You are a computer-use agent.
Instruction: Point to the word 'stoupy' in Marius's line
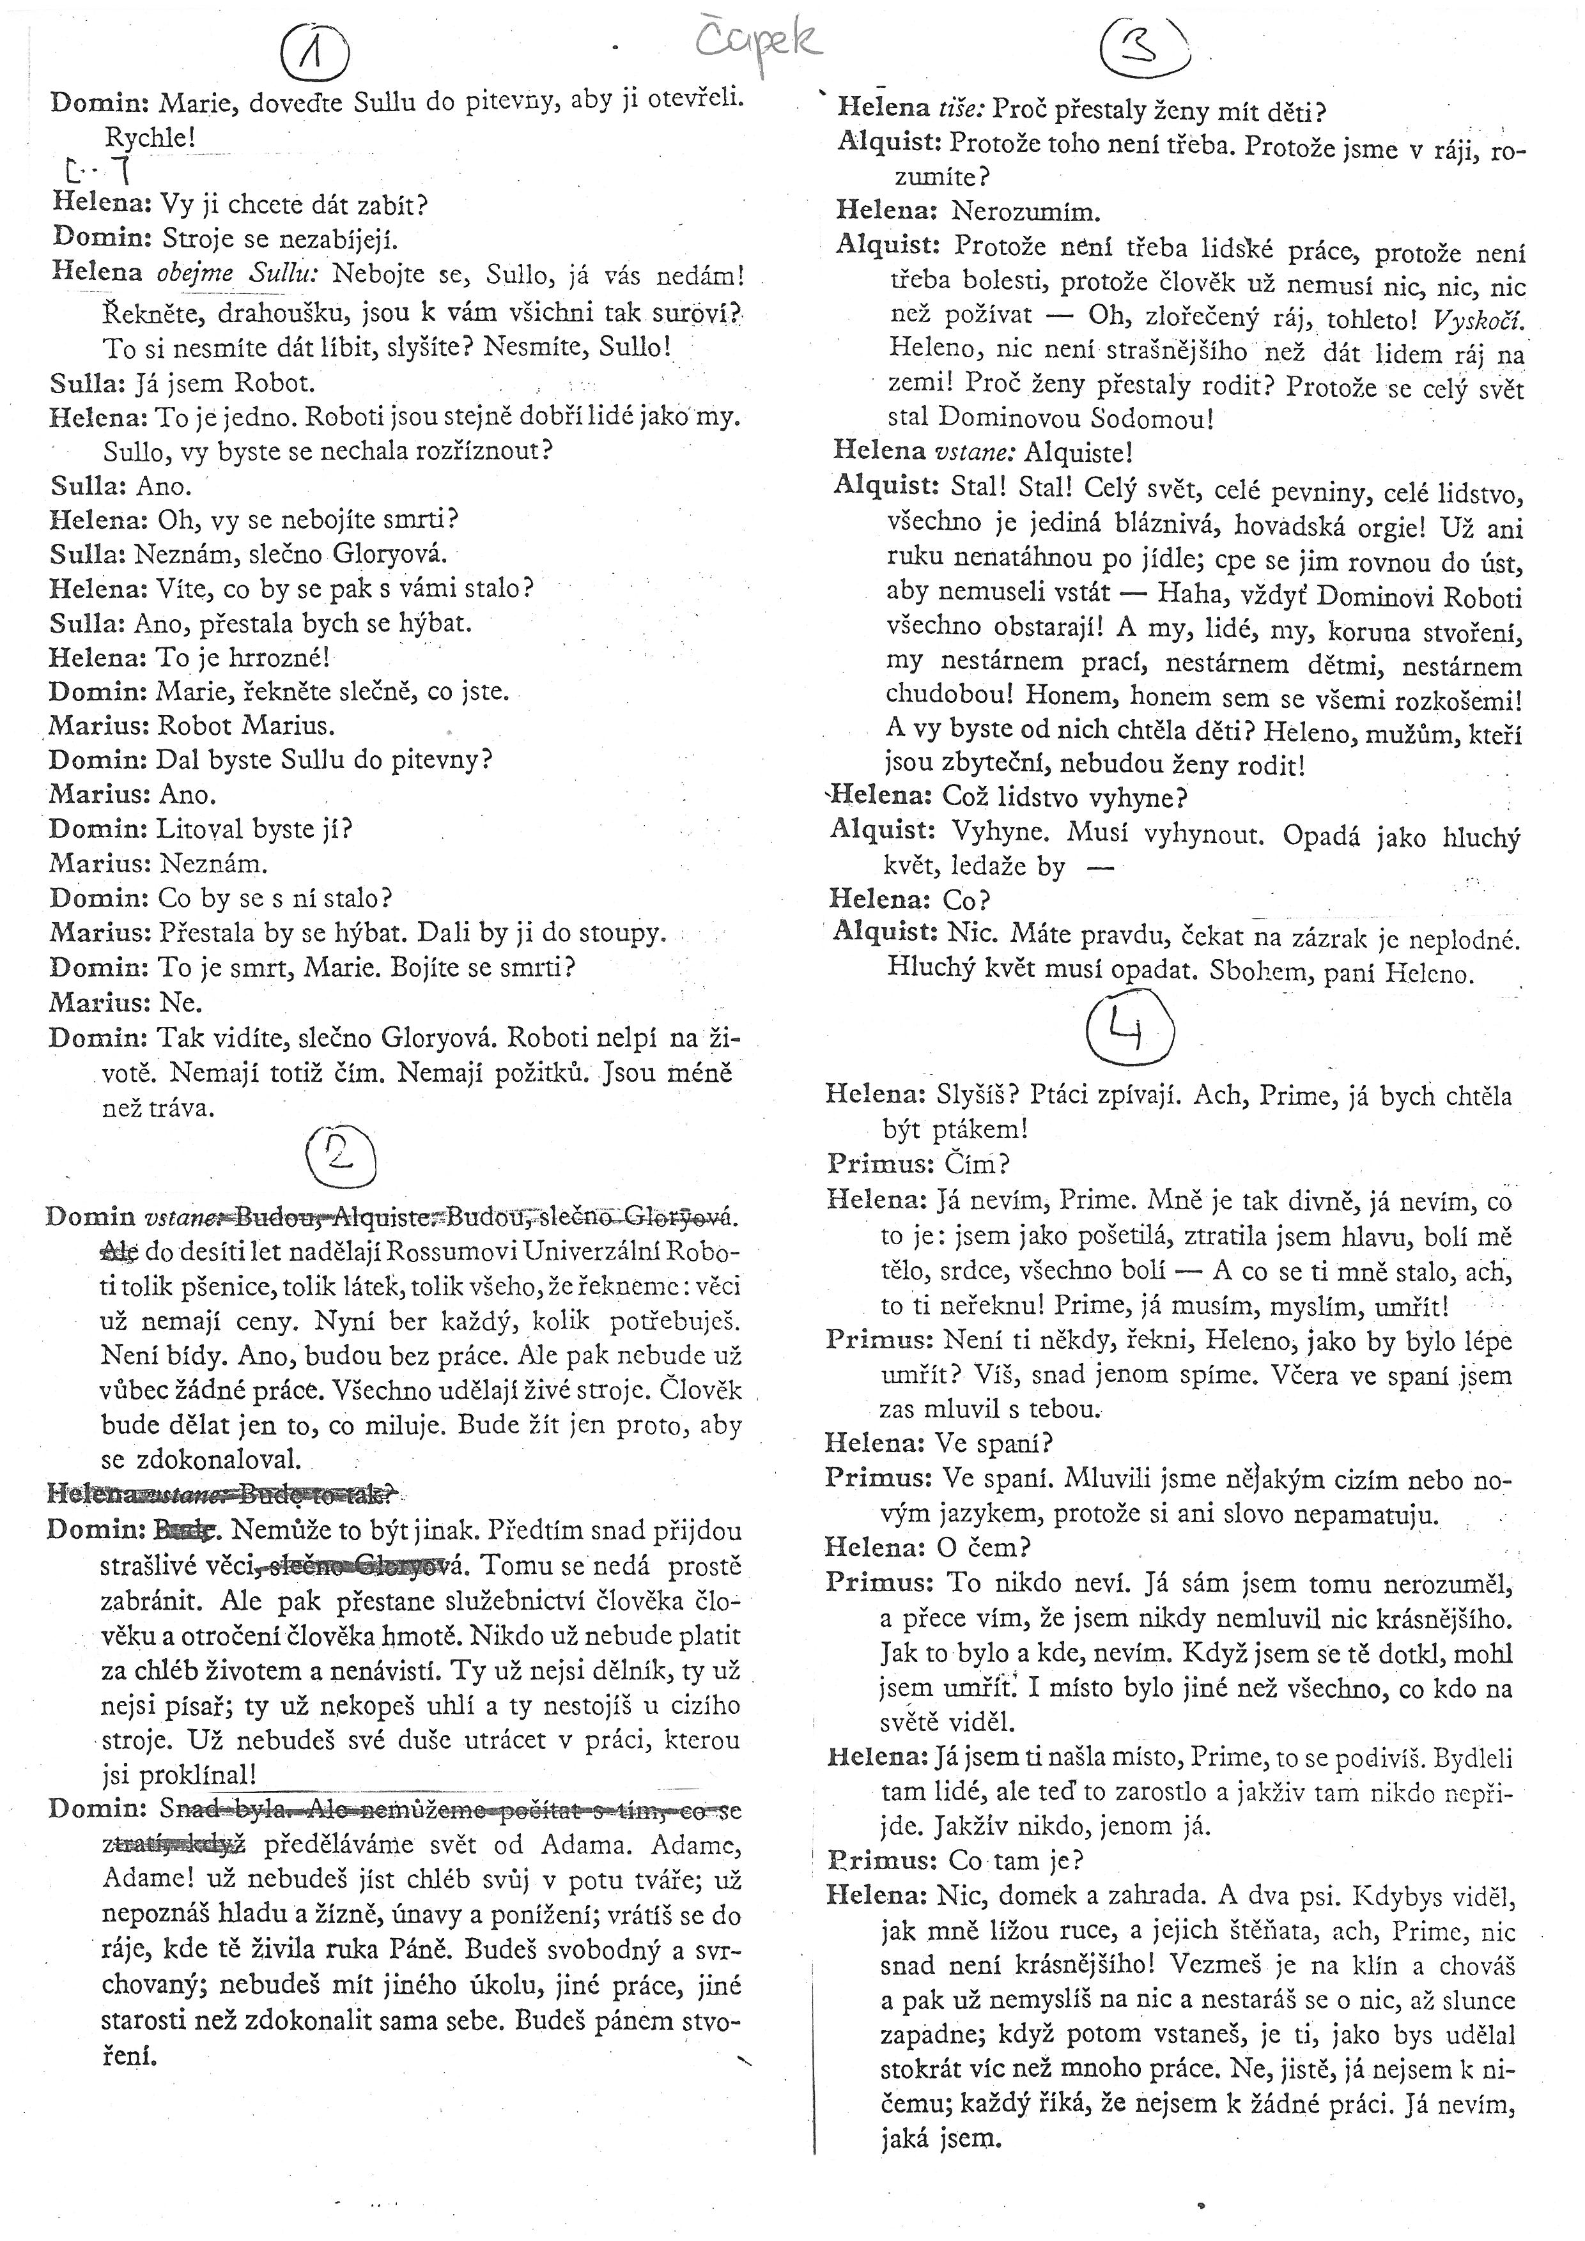coord(624,933)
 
